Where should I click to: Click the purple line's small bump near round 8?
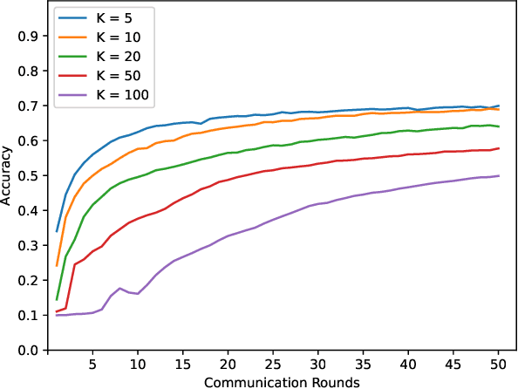click(120, 289)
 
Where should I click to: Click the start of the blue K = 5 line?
click(58, 231)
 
